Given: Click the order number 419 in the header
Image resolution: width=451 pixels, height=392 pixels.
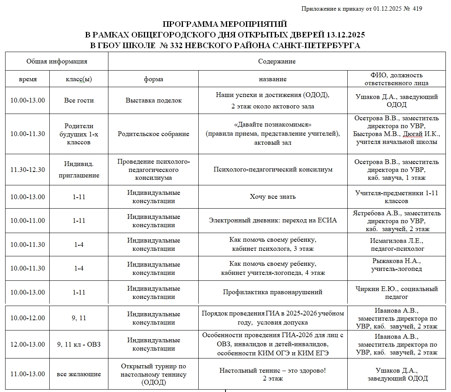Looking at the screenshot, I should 417,9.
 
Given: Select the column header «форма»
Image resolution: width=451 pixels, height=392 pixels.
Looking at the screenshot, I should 153,79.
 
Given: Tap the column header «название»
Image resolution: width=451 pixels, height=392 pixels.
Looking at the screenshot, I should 272,79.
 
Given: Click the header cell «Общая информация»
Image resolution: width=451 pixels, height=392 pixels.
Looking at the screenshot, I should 57,62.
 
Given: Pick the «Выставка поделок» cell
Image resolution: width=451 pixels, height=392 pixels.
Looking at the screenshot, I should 153,101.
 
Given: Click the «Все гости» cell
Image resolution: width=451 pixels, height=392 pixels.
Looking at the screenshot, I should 79,101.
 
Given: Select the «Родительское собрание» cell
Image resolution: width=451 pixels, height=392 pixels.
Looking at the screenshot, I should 153,134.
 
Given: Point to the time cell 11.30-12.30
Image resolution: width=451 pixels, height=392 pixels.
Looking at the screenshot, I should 28,170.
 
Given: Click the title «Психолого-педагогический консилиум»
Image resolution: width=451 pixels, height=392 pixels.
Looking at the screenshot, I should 273,170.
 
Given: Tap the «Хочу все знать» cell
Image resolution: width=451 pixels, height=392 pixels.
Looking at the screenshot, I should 273,197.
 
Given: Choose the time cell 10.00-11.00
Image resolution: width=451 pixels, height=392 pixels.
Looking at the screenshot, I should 28,220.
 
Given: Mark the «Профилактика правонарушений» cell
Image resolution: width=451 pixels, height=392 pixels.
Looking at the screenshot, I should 273,292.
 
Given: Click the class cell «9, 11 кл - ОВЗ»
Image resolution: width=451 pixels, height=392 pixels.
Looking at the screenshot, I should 79,344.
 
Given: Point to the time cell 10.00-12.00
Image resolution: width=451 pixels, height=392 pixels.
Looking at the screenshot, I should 28,318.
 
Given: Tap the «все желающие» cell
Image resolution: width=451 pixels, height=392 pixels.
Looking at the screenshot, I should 79,374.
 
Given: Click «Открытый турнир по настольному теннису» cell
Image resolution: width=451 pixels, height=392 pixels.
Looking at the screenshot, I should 153,374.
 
